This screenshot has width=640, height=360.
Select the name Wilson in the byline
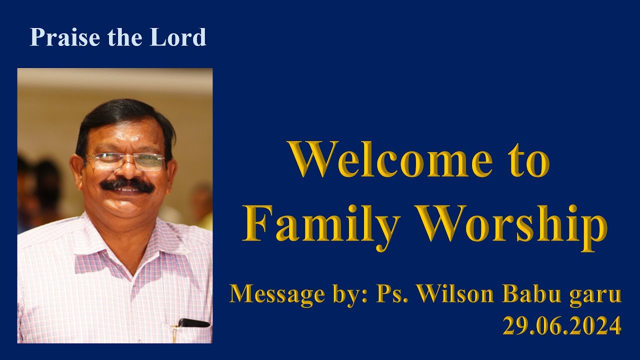pos(457,294)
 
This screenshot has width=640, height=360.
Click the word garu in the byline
pos(595,295)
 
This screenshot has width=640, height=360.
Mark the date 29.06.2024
pos(562,326)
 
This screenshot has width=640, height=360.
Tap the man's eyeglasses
pos(125,161)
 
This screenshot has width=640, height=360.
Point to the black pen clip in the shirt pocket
pos(193,323)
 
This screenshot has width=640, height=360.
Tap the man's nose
pos(127,170)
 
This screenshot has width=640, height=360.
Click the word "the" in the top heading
pos(118,37)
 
